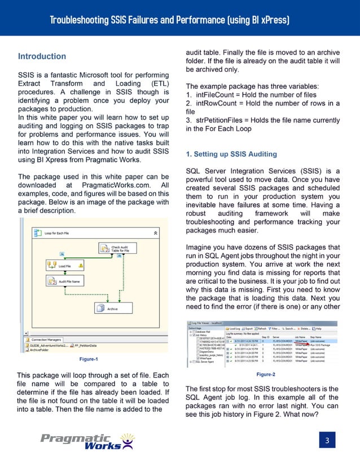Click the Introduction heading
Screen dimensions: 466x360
tap(42, 56)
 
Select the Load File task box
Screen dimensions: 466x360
tap(64, 265)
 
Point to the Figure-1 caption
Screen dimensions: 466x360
tap(89, 359)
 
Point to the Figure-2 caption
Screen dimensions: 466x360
tap(265, 375)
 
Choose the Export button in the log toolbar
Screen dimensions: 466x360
tap(246, 328)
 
